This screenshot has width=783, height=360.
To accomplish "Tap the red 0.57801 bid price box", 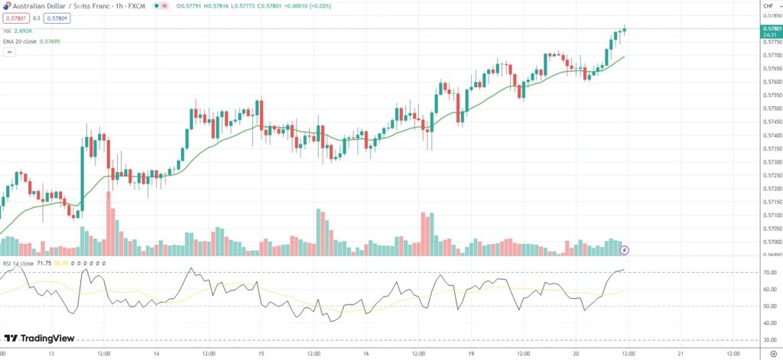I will [15, 18].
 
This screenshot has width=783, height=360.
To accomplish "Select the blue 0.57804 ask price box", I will [55, 18].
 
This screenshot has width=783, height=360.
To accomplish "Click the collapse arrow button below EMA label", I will [10, 52].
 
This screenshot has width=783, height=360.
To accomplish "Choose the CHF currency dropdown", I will [768, 5].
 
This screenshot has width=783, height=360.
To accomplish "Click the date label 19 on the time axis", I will [473, 354].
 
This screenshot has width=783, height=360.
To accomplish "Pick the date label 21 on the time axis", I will [681, 354].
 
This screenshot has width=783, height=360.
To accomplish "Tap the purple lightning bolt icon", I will [624, 249].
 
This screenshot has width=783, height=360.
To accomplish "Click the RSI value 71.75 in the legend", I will [44, 263].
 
